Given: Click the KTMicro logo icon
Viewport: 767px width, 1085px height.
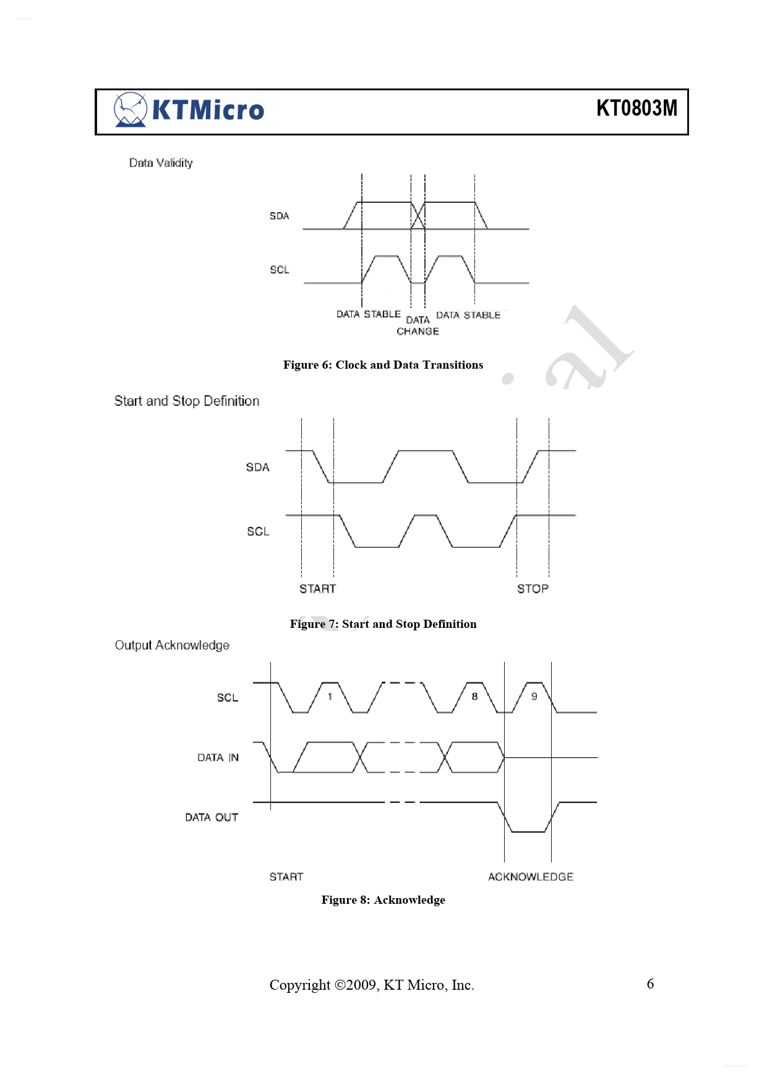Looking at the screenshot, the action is pos(131,110).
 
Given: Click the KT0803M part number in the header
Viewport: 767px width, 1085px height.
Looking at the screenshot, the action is pos(636,108).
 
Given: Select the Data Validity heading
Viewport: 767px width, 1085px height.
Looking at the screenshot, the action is pos(161,163).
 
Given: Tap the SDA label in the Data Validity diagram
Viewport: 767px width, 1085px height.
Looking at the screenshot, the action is pos(279,216).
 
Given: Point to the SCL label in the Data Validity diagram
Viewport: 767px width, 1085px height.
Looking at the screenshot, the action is pos(280,270).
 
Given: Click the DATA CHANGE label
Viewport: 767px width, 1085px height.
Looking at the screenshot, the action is pos(418,325).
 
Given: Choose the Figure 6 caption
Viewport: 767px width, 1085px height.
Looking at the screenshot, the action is pos(383,365).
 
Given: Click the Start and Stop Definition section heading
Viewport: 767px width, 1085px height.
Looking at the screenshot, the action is pos(187,401).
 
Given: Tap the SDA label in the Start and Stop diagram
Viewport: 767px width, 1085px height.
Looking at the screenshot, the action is pos(258,467).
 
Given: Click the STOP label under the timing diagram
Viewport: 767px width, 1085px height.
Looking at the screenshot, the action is pos(533,589).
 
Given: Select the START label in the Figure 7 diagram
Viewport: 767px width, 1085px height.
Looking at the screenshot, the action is pos(318,589).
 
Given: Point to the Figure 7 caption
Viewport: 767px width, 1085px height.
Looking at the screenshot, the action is pos(383,624).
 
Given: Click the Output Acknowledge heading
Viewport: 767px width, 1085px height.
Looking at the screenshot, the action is pos(172,645).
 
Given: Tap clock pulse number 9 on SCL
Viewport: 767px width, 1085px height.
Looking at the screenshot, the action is pos(534,697).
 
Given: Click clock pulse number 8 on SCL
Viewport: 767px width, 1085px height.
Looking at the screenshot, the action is pos(474,697).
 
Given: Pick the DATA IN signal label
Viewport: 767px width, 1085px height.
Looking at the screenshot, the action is pos(218,758).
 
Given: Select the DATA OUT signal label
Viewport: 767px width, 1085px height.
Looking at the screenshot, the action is pos(212,818).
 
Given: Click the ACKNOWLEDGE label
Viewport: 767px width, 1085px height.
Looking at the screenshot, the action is pos(531,877).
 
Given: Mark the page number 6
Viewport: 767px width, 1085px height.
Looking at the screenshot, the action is pos(650,984).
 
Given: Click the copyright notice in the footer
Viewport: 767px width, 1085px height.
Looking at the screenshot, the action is pos(372,985).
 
